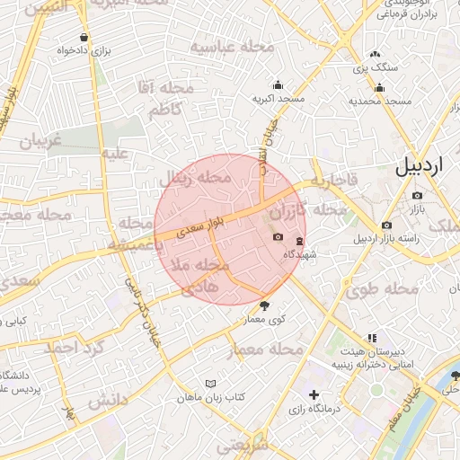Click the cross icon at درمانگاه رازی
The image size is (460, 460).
tap(314, 395)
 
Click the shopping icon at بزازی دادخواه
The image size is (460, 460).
tap(84, 38)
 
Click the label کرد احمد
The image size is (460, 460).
tap(75, 347)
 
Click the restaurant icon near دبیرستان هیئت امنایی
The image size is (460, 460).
tap(346, 338)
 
